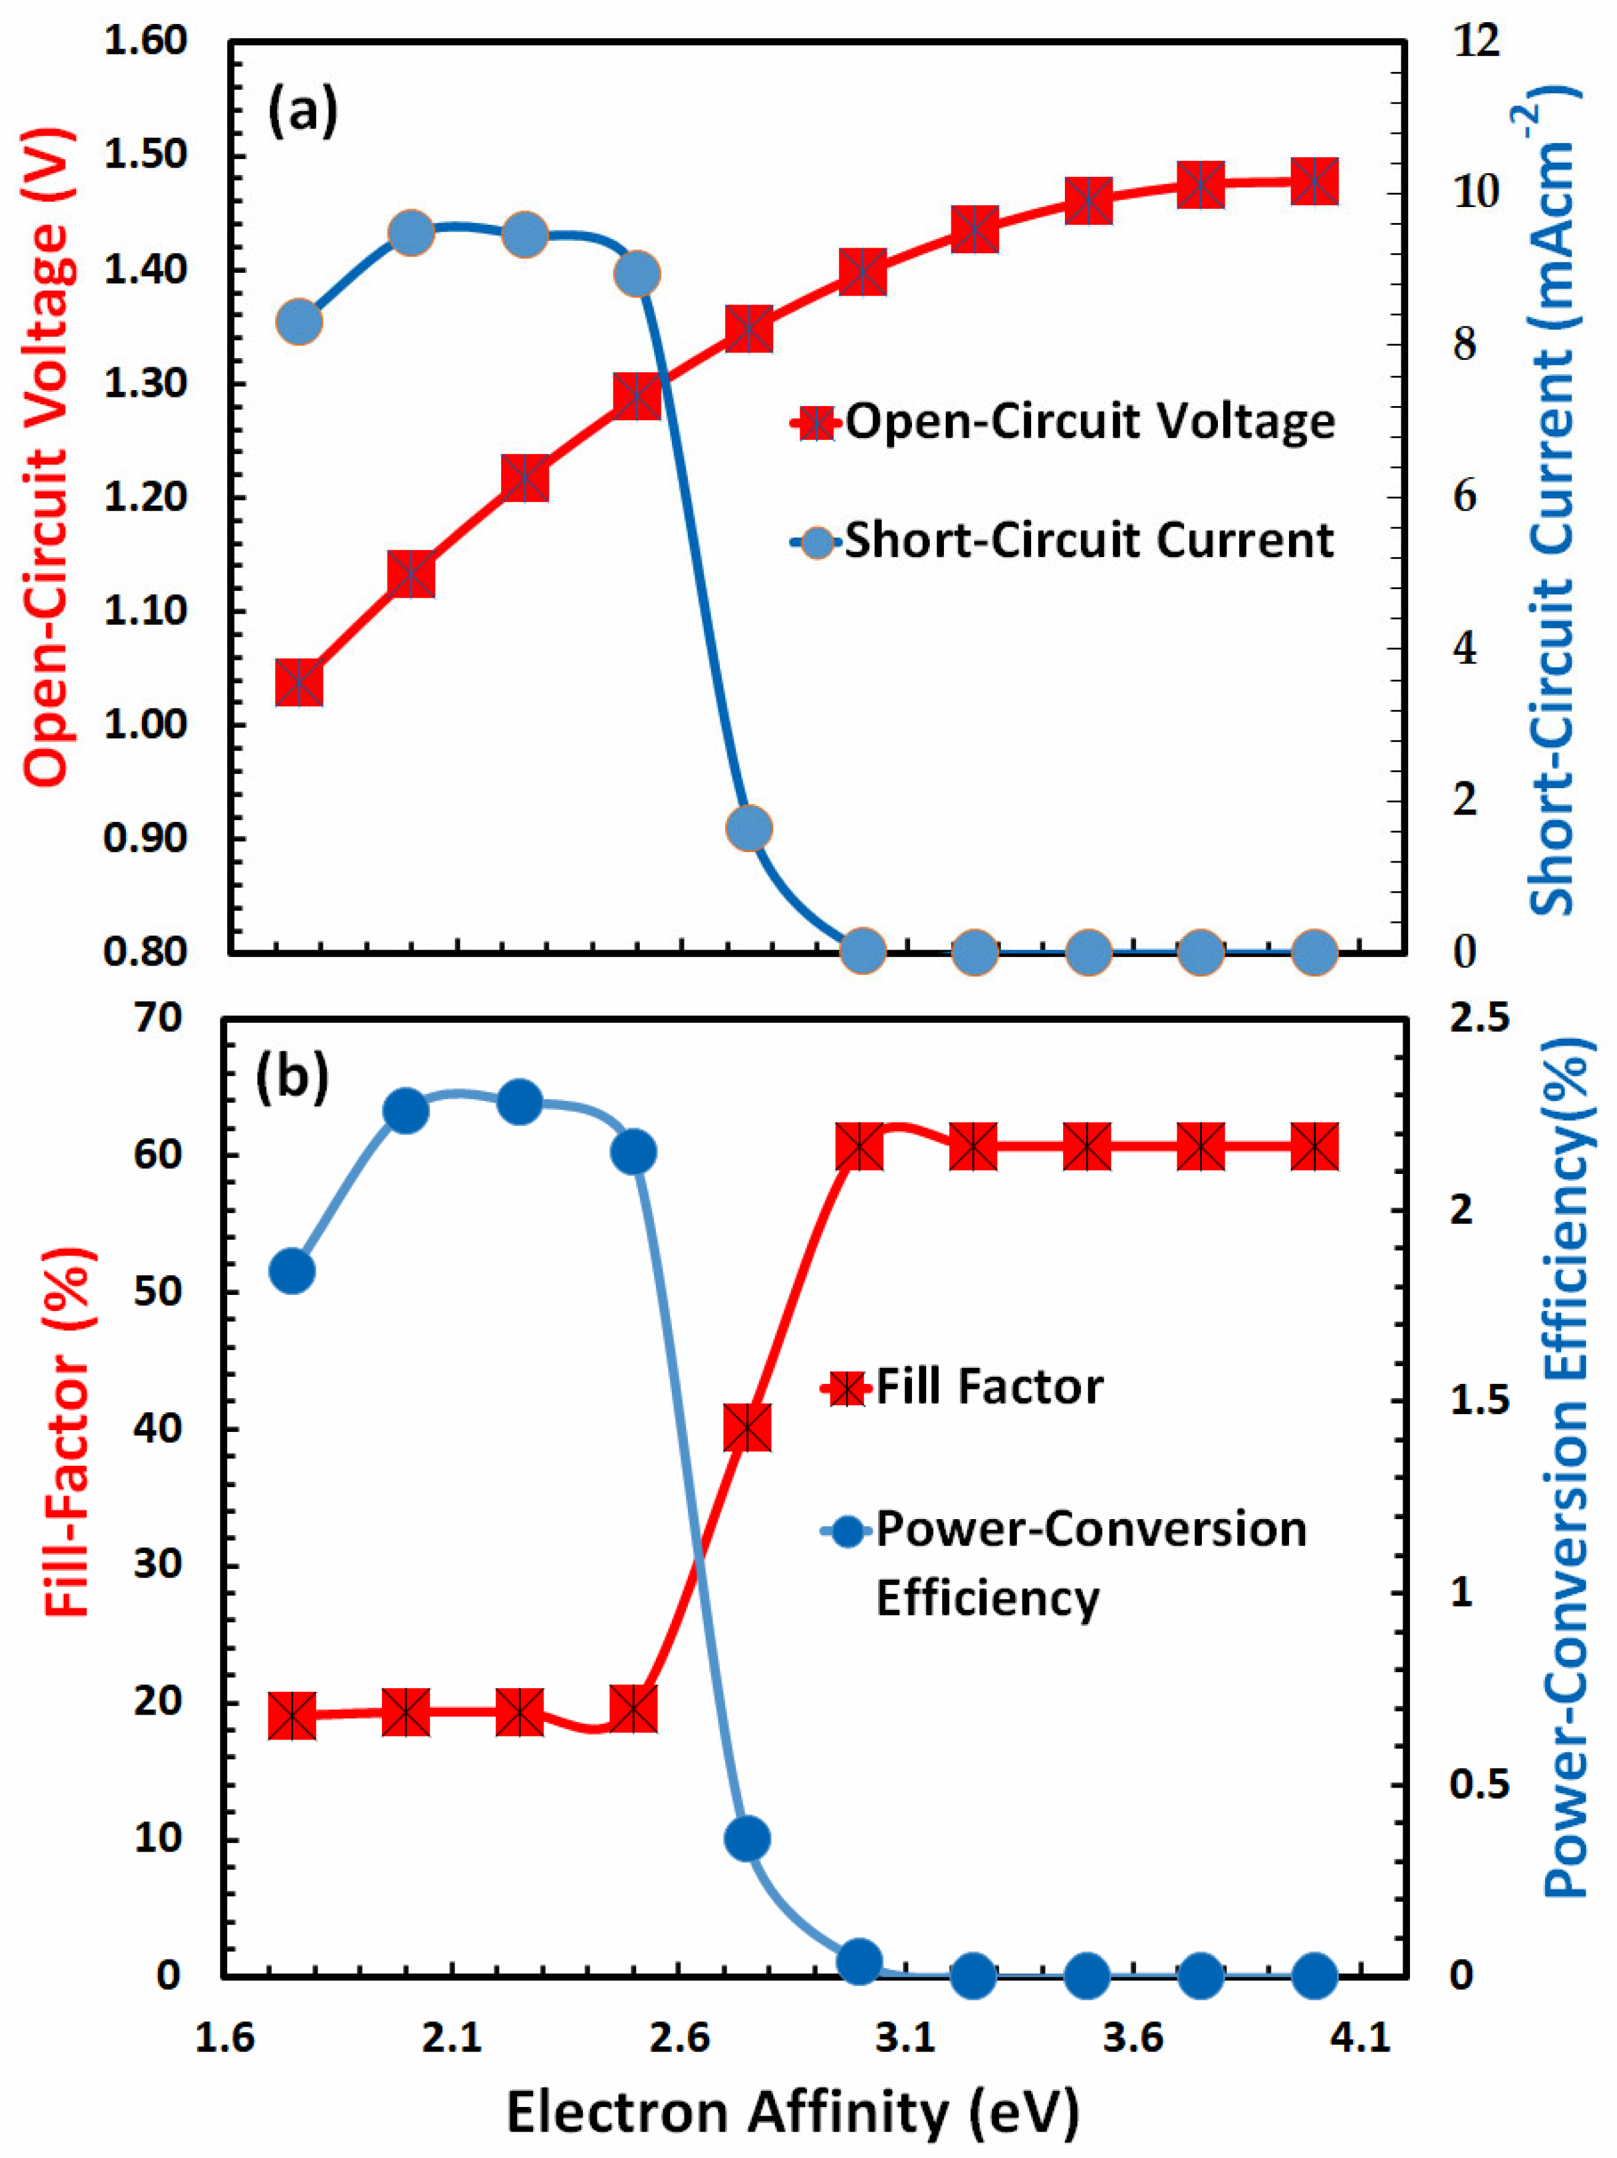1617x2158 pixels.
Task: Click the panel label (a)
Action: (302, 110)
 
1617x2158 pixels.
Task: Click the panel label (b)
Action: (290, 1078)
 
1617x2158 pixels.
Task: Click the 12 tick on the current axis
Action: (1474, 41)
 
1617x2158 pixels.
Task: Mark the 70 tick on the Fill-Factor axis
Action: (156, 1017)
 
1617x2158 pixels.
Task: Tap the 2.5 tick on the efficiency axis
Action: (1478, 1017)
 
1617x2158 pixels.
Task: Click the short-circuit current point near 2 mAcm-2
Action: (749, 828)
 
